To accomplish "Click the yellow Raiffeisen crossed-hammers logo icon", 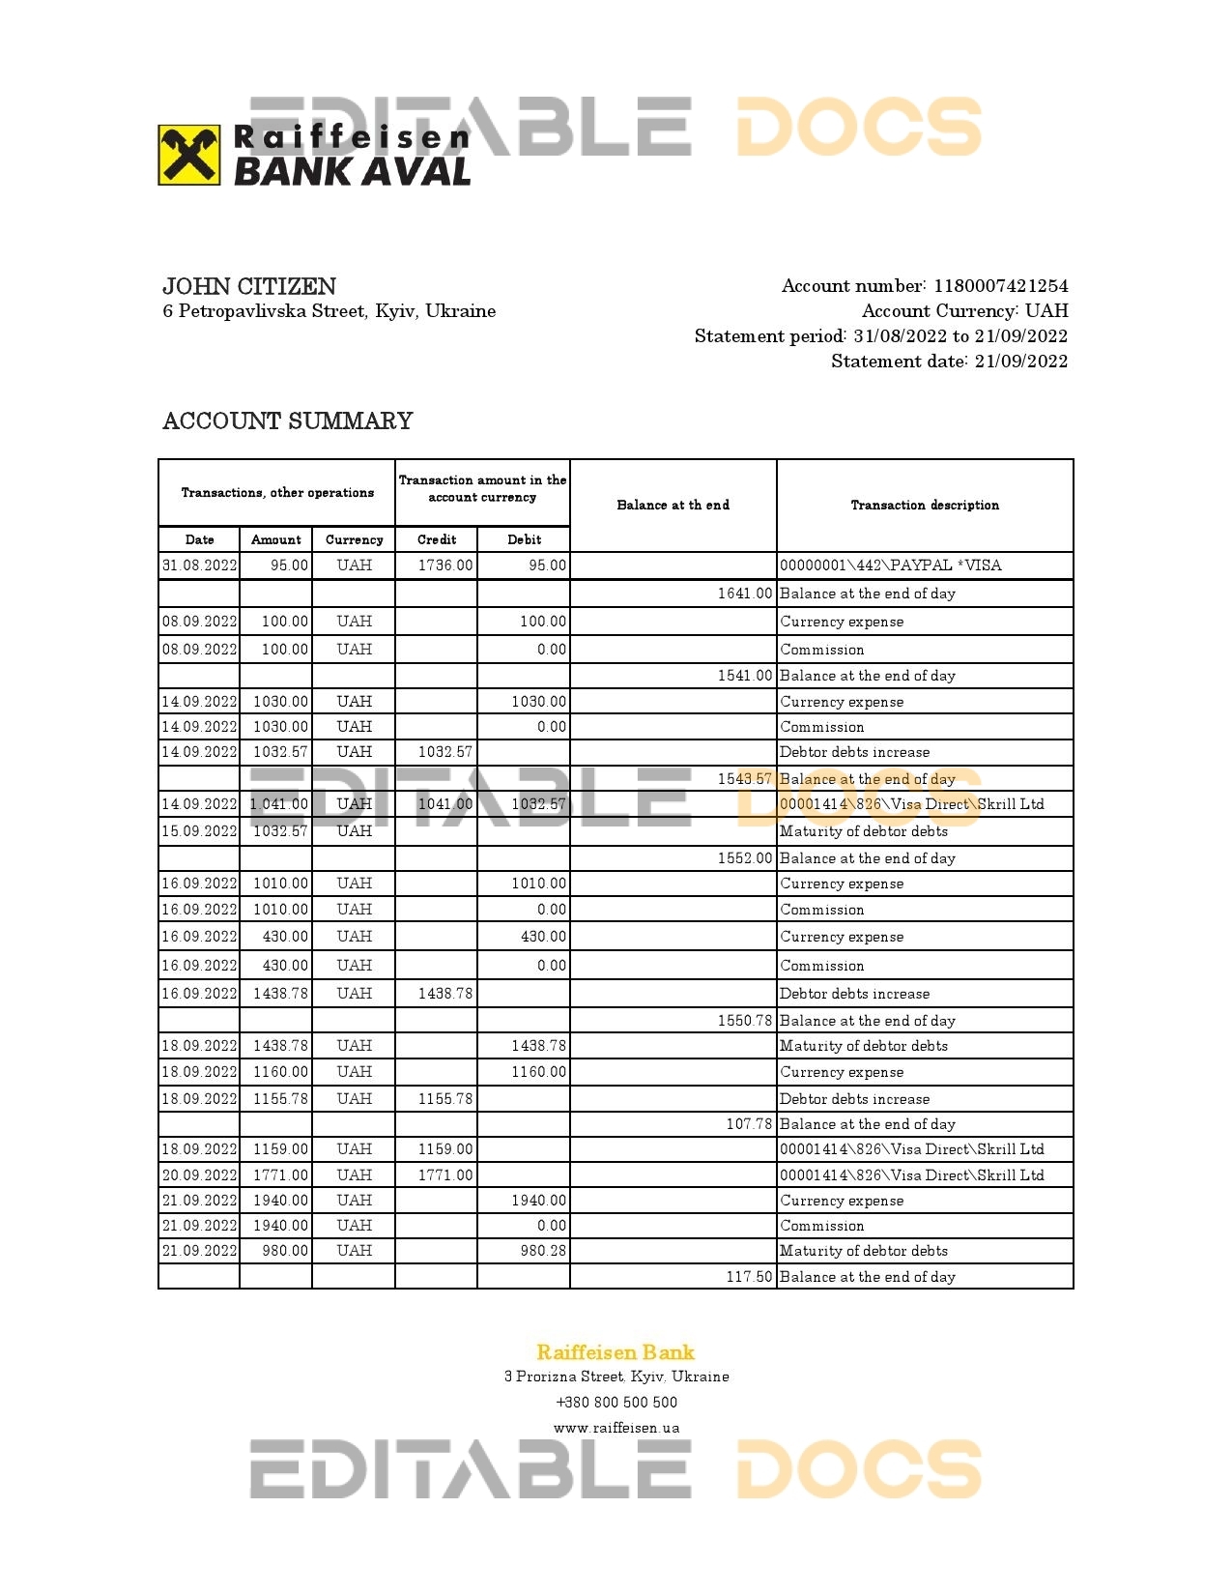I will click(189, 155).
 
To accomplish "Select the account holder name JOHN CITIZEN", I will click(249, 286).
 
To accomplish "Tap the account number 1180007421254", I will click(1001, 286).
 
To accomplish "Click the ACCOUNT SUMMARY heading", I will click(288, 421).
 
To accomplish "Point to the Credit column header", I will click(437, 539).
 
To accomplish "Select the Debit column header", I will click(524, 539).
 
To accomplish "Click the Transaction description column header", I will click(925, 505).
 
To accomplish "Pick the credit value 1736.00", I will click(445, 565).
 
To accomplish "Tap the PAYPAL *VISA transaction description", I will click(890, 565).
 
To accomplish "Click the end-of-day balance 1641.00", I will click(745, 594).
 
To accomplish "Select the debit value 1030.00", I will click(539, 702).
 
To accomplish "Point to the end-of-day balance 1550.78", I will click(745, 1021).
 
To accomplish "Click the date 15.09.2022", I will click(200, 831).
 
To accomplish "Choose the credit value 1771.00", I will click(445, 1175).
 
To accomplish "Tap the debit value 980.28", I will click(543, 1251).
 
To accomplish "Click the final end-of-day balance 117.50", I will click(749, 1277).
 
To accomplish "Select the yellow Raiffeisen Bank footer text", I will click(616, 1352).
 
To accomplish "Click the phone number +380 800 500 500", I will click(616, 1403).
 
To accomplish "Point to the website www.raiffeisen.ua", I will click(616, 1428).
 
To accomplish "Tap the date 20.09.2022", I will click(200, 1175).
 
